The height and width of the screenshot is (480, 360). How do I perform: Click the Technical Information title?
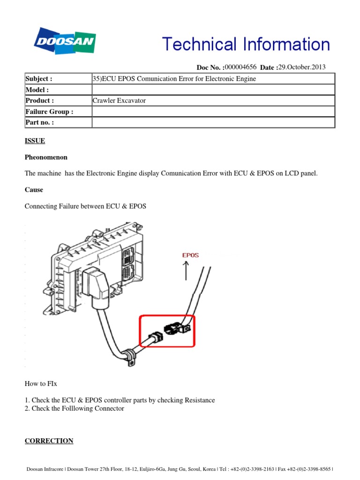246,45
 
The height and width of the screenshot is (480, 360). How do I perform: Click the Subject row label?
38,79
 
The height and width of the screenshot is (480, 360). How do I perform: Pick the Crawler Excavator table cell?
120,101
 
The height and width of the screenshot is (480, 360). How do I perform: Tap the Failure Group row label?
49,112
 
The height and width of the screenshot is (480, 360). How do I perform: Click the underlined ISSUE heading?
35,141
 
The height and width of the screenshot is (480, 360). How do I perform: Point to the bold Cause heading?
34,190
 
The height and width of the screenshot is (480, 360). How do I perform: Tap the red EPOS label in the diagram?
190,255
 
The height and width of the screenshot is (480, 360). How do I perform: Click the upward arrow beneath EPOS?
187,271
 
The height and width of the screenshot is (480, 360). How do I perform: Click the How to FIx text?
41,383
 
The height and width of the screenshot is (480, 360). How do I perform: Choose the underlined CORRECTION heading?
49,441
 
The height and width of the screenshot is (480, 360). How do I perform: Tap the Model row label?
37,90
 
